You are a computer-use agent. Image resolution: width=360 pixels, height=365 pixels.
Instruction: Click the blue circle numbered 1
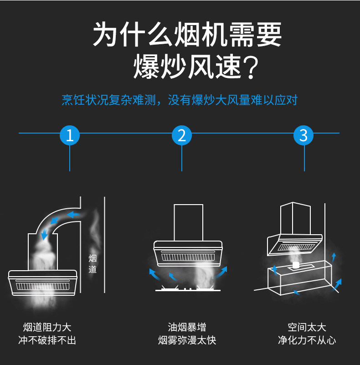coord(70,135)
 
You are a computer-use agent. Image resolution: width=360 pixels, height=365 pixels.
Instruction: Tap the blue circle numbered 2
coord(182,135)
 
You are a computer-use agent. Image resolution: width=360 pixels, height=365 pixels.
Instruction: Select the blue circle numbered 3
coord(304,135)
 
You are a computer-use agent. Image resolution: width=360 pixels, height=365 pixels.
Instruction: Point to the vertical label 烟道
coord(93,263)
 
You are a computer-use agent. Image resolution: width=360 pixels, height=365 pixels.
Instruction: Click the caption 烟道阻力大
coord(47,327)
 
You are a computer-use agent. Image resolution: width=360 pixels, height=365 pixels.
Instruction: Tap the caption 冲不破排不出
coord(47,340)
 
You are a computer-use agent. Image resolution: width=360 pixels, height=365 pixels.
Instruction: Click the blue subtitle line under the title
coord(180,100)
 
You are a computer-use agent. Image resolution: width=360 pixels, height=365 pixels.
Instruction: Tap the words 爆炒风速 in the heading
coord(186,67)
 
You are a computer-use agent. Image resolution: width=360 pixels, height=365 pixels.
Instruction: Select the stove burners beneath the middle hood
coord(187,290)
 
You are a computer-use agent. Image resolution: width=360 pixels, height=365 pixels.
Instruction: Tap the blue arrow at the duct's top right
coord(73,214)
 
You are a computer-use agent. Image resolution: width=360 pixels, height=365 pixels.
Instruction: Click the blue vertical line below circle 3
coord(304,158)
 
